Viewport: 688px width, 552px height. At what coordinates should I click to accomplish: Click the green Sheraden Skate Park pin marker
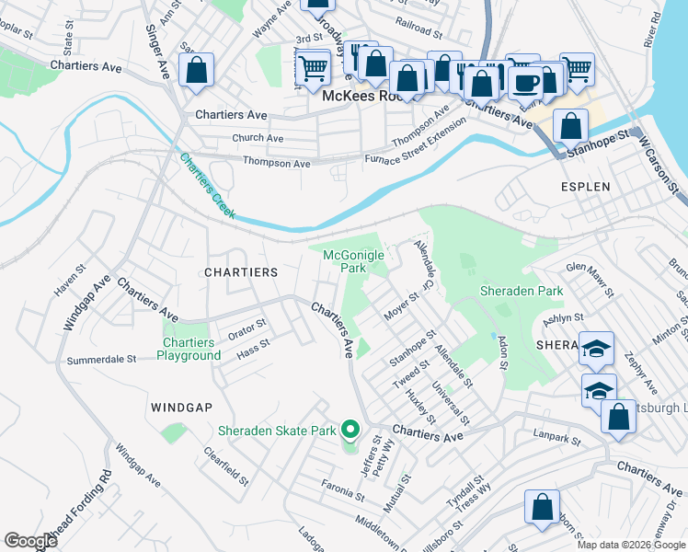click(x=350, y=430)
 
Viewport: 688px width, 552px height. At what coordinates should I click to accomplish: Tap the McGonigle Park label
click(x=345, y=261)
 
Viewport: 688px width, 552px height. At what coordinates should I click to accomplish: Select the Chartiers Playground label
click(x=189, y=350)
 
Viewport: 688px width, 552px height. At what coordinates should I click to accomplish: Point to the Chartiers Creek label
click(x=207, y=187)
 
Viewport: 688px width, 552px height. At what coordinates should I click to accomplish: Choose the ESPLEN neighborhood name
click(x=585, y=186)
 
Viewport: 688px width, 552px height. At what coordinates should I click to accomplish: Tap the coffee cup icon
click(x=526, y=84)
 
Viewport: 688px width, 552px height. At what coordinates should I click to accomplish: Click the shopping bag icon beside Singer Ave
click(x=197, y=71)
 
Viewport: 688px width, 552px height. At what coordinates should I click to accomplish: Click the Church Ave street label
click(x=258, y=138)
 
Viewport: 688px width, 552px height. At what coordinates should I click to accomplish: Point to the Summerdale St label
click(x=101, y=359)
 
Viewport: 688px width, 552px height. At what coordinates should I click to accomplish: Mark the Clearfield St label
click(x=226, y=466)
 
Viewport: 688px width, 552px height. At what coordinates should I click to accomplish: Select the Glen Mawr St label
click(x=589, y=279)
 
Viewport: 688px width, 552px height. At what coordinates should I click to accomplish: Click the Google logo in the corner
click(x=30, y=541)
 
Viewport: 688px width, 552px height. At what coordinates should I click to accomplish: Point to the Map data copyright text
click(x=631, y=545)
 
